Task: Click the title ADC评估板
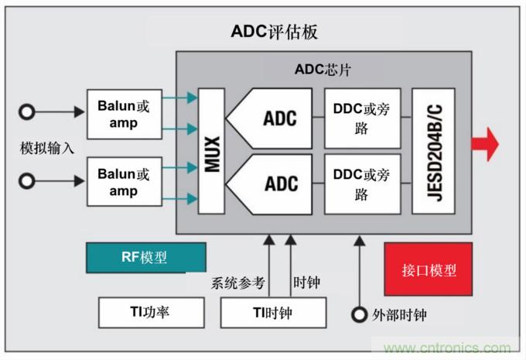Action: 274,32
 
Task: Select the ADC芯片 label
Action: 323,69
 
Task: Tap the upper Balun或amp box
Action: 124,114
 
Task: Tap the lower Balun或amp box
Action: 124,182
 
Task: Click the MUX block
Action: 211,151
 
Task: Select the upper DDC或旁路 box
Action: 362,118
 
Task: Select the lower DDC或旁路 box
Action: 362,184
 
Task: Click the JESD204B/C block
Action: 433,151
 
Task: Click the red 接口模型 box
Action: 429,270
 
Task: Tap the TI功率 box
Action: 152,313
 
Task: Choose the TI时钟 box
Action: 272,313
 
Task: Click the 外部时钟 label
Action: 399,315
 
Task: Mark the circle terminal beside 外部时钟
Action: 359,315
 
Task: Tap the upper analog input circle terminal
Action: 28,112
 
